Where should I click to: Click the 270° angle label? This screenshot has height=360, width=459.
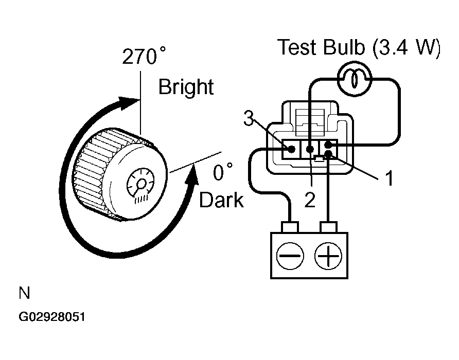point(144,56)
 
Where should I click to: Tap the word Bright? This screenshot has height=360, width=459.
point(186,87)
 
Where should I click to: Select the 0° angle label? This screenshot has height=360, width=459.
point(223,172)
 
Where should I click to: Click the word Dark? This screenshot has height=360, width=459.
point(221,200)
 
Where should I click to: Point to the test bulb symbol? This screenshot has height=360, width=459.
point(355,79)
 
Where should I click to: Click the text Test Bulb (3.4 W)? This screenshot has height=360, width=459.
point(359,47)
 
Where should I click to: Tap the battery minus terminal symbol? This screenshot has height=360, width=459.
point(290,256)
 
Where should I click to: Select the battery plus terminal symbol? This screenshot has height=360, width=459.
point(328,256)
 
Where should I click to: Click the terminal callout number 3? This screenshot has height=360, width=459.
point(249,118)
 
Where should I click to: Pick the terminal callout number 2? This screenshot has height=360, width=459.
point(310,200)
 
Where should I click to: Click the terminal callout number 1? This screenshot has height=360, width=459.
point(389,178)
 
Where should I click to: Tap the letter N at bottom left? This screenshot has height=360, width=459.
point(24,293)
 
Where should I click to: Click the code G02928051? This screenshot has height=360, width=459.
point(52,317)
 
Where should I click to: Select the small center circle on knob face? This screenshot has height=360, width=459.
point(142,184)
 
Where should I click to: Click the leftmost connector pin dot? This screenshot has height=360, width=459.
point(291,149)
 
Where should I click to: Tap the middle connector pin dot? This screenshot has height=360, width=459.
point(310,149)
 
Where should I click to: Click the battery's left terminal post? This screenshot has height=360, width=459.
point(290,227)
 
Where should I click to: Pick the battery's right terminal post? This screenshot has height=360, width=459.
point(329,227)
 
